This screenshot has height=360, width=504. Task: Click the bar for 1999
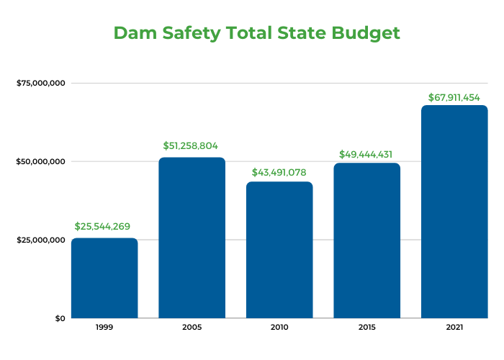pos(104,278)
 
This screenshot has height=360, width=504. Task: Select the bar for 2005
pos(192,238)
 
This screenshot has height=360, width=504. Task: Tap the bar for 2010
pos(279,250)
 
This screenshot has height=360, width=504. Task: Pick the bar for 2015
pos(366,240)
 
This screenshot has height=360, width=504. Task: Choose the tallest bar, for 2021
pos(454,212)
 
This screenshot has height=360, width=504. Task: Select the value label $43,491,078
pos(279,173)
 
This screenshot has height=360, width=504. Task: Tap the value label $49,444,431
pos(366,154)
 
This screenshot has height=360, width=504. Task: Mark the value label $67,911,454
pos(454,96)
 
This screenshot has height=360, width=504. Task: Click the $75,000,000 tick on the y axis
pos(41,83)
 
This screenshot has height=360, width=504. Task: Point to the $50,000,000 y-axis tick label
pos(41,161)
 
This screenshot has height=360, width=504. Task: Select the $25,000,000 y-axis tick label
pos(41,240)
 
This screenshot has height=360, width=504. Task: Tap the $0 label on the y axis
pos(60,318)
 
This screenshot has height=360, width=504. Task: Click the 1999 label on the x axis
pos(104,328)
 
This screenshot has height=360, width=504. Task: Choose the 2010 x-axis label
pos(279,328)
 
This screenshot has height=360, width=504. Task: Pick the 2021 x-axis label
pos(454,328)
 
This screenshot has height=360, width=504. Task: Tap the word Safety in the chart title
pos(190,34)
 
